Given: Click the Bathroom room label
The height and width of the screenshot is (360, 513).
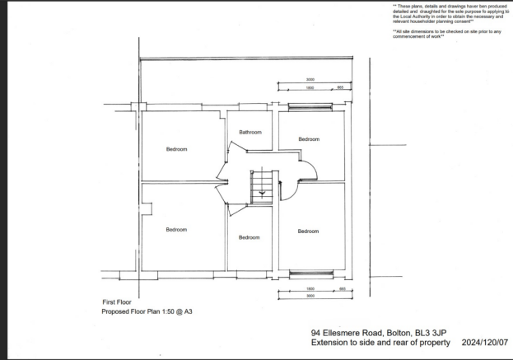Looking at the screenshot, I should click(250, 132).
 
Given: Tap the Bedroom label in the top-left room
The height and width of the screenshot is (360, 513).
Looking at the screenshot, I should click(176, 149).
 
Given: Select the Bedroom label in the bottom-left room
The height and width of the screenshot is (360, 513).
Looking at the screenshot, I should click(176, 229).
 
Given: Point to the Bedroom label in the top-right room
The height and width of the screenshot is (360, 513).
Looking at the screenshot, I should click(309, 139).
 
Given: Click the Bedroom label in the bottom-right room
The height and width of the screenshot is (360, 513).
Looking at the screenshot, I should click(309, 231).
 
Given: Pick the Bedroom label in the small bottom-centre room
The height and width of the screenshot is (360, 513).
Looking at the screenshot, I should click(250, 237).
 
